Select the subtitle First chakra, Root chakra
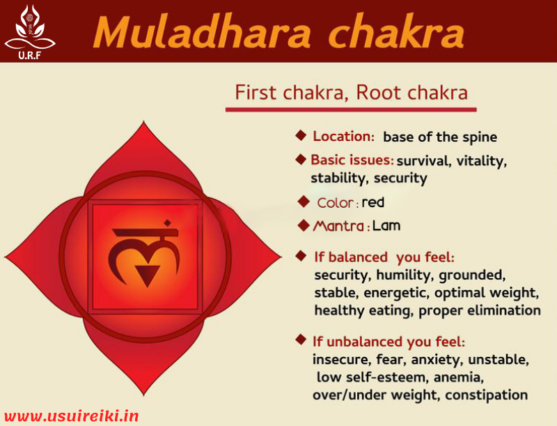pos(351,92)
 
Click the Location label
pos(343,137)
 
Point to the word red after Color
pos(373,203)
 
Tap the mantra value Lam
pos(386,226)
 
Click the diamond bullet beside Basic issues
pos(301,159)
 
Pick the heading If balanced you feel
pos(384,257)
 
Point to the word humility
pos(402,275)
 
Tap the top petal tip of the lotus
pos(143,125)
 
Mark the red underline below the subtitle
pos(351,109)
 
